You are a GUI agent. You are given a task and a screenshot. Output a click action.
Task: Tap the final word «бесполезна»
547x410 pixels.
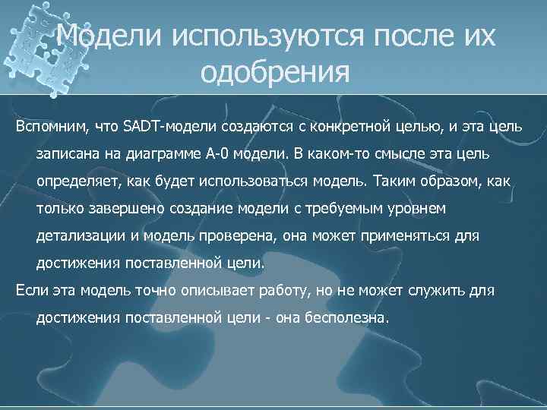coord(345,319)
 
